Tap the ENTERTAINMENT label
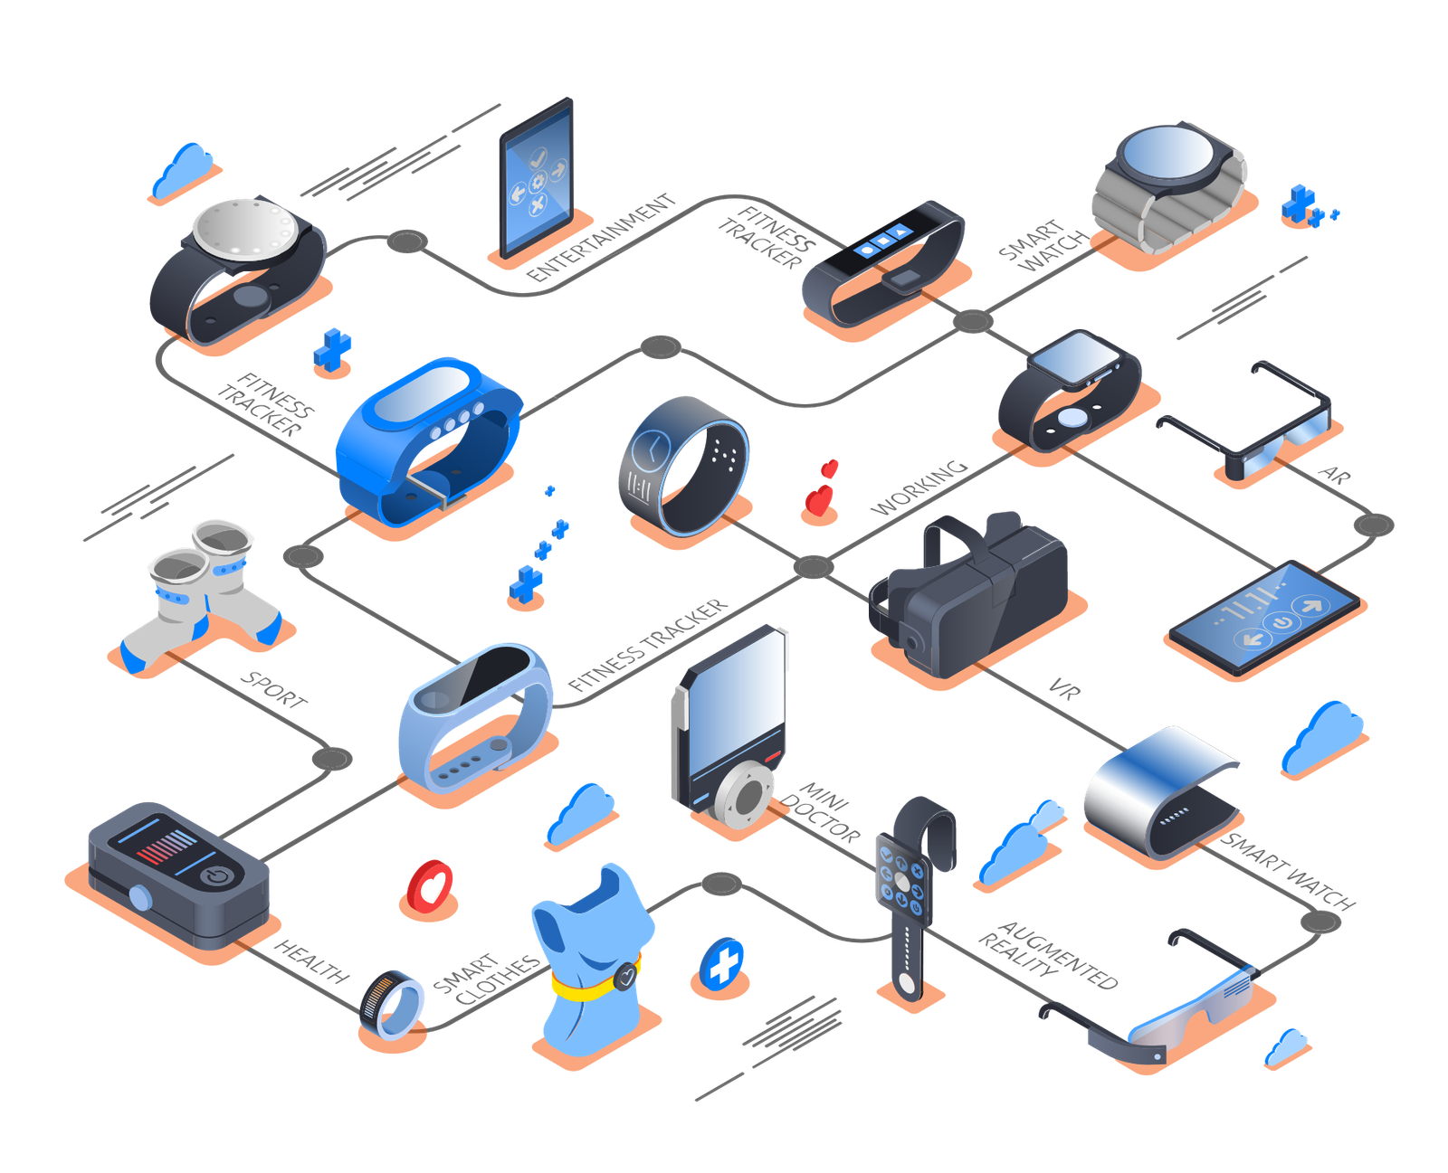click(x=602, y=238)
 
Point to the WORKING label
click(x=919, y=488)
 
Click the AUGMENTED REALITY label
click(x=1048, y=954)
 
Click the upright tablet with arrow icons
click(x=537, y=176)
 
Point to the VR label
click(x=1064, y=690)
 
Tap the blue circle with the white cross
click(x=723, y=966)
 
